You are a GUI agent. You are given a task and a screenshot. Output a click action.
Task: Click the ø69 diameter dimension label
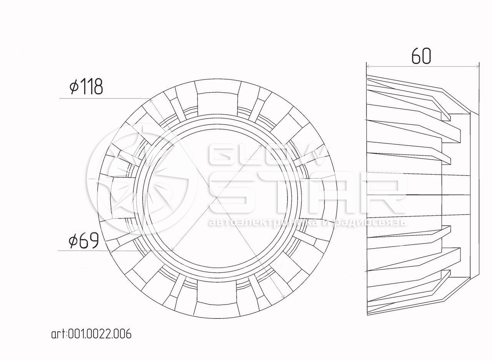tap(83, 241)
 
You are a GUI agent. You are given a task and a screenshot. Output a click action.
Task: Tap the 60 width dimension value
tap(421, 56)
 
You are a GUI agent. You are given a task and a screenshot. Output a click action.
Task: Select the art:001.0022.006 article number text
tap(91, 334)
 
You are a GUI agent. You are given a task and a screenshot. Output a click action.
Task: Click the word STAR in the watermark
tap(307, 193)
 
